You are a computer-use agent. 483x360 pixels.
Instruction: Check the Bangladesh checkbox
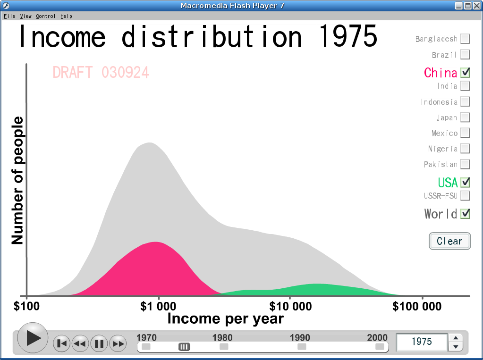pos(465,39)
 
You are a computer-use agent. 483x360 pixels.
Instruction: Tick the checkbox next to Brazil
pos(465,55)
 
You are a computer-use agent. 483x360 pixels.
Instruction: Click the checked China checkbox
pos(465,72)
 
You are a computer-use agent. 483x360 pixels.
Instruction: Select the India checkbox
pos(465,86)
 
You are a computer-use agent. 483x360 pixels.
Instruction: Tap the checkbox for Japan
pos(465,117)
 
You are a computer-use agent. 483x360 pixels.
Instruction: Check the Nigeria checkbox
pos(465,149)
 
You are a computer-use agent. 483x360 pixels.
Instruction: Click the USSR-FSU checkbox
pos(465,195)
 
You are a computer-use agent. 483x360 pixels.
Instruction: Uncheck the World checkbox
pos(465,213)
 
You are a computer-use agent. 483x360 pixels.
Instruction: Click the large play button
pos(33,338)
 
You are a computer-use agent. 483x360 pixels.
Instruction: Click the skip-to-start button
pos(61,343)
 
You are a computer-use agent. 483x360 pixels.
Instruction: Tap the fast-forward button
pos(118,343)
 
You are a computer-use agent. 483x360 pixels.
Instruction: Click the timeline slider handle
pos(184,347)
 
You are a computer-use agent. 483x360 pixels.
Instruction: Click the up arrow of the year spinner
pos(456,338)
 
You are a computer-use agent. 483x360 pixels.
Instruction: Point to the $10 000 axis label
pos(290,306)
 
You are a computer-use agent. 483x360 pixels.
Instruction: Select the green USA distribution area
pos(317,290)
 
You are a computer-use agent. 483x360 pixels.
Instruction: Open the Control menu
pos(46,16)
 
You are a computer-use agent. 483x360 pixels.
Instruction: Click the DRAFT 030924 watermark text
pos(101,73)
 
